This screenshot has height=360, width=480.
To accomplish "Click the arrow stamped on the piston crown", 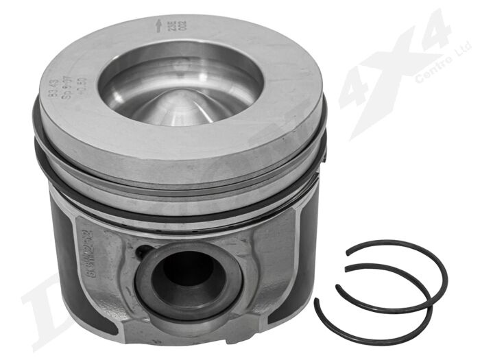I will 159,26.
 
